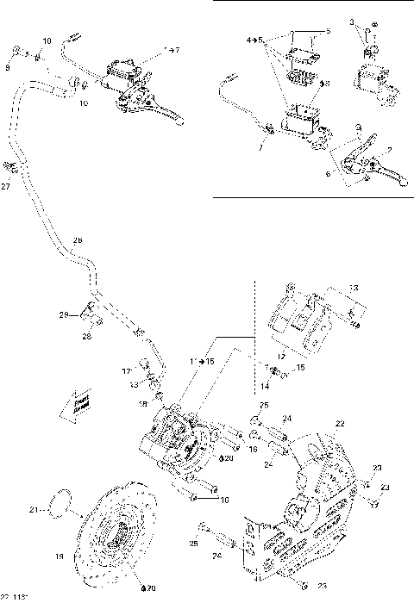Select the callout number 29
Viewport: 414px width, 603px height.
64,316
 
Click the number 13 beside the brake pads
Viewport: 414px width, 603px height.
354,288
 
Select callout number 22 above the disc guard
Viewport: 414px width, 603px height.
341,423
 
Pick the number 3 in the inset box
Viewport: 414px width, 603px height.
352,19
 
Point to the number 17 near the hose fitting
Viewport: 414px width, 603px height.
126,371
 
